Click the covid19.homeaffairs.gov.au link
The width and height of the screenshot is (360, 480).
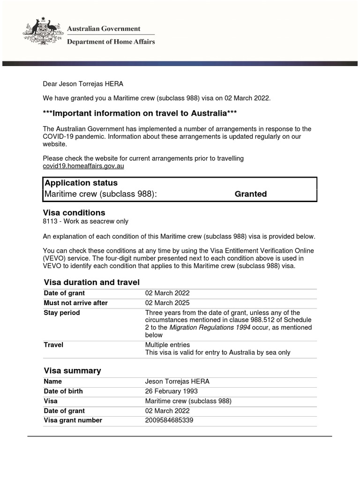click(83, 166)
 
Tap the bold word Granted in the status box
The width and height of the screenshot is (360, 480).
click(250, 194)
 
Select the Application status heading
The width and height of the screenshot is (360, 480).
click(81, 183)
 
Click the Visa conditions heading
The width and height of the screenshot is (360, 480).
click(74, 213)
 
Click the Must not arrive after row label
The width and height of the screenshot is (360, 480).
click(75, 303)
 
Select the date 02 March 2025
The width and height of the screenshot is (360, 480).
click(167, 303)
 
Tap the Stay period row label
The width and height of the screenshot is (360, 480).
click(62, 313)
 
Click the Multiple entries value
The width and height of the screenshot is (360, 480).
click(168, 345)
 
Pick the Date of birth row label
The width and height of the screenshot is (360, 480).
click(63, 391)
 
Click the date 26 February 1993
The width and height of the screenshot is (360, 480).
click(172, 391)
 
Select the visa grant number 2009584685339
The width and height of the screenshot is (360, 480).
click(169, 420)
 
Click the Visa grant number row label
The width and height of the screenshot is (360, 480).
click(73, 420)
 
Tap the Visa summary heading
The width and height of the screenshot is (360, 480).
click(72, 371)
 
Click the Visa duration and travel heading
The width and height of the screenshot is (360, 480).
click(91, 282)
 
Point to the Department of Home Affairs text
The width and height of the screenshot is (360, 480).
click(111, 42)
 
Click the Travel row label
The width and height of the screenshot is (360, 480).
click(53, 345)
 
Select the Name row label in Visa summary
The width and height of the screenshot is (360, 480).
click(53, 382)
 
